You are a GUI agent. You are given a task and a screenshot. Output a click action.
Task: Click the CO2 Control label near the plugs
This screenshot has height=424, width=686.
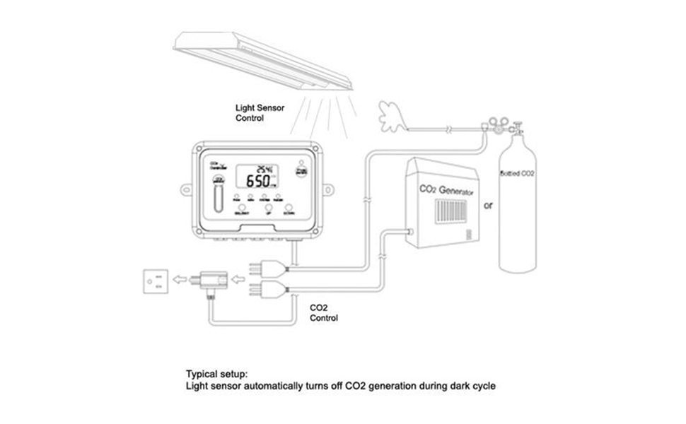click(x=325, y=313)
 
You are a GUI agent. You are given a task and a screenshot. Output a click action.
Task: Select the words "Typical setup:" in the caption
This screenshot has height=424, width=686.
click(x=217, y=373)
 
